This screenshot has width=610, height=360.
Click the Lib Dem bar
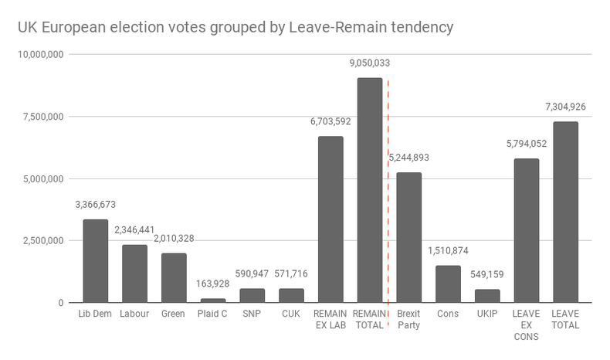[x=96, y=261]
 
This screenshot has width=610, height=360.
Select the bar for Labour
[x=135, y=273]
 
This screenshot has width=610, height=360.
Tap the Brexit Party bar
[x=409, y=237]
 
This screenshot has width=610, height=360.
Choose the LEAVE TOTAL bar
[x=566, y=212]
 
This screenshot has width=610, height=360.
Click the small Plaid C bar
[x=213, y=300]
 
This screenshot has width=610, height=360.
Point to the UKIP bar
[x=487, y=296]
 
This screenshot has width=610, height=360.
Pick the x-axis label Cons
[x=449, y=314]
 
